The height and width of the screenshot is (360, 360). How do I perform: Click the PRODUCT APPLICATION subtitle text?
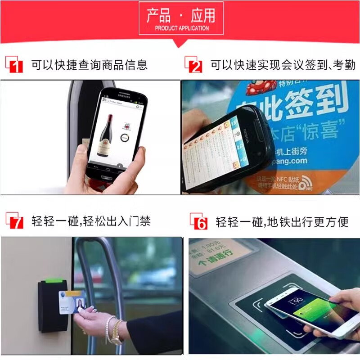[181, 28]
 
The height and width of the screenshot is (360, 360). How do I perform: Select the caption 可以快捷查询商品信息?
[89, 65]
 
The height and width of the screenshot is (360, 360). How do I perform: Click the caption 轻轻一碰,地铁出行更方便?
[282, 222]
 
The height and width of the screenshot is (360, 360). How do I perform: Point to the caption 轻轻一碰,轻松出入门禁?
[91, 221]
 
